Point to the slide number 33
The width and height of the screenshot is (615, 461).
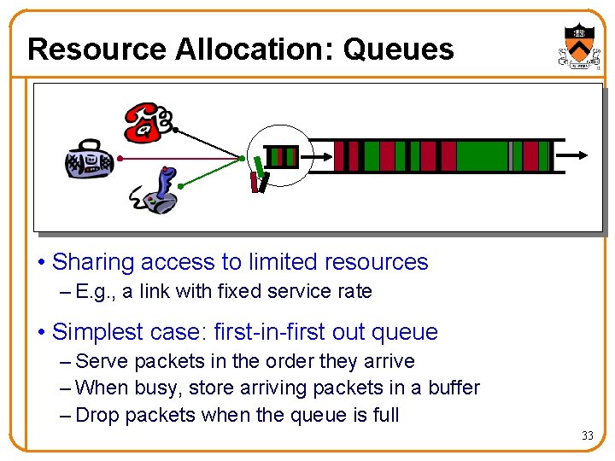(x=587, y=436)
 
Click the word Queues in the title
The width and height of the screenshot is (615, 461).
(x=398, y=50)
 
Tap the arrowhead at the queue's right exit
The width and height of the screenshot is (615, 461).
(x=581, y=155)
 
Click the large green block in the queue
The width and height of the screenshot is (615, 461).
(x=482, y=156)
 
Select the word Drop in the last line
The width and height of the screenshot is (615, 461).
(x=96, y=416)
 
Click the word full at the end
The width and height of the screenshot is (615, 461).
(x=384, y=416)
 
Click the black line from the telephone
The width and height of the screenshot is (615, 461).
(x=209, y=143)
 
